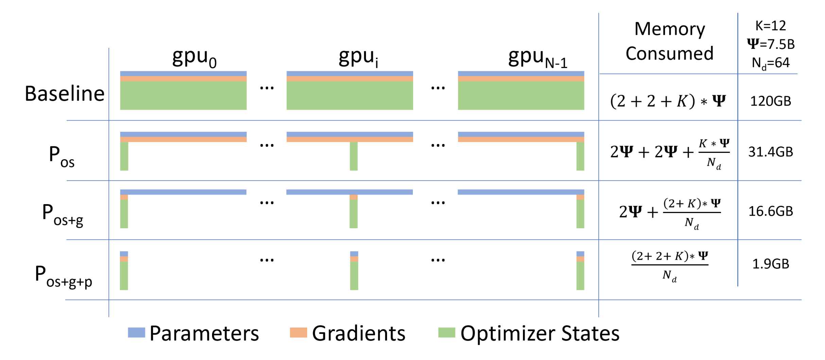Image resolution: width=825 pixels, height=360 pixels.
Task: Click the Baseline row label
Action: pos(65,94)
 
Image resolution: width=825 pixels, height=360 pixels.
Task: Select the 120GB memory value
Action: pos(771,101)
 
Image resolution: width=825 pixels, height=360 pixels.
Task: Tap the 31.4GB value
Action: pos(771,152)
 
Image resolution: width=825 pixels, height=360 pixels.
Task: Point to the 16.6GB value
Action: pos(771,211)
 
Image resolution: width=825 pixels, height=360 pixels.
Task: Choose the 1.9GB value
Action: pos(771,264)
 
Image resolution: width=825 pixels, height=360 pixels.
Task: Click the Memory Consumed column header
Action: pos(669,41)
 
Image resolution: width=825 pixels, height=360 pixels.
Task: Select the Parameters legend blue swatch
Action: pos(136,332)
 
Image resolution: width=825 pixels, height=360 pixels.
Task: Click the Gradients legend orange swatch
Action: pos(298,332)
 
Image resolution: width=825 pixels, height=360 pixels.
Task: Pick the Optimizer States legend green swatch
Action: pos(447,332)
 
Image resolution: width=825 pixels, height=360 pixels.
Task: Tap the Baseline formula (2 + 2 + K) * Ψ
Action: pos(668,101)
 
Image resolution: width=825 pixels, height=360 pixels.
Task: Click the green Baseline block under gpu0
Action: pos(183,95)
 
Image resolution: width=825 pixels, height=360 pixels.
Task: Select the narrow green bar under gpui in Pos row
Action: pos(354,156)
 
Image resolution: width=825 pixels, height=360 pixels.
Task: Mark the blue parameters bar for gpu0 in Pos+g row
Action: pos(183,192)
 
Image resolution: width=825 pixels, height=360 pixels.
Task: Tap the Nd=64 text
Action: pos(771,63)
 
